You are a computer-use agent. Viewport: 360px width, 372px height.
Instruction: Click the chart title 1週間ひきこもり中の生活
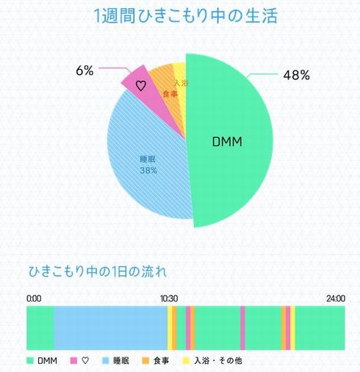pos(186,16)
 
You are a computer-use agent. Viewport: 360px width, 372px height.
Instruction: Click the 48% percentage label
pos(296,75)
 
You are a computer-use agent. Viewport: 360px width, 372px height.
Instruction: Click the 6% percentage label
pos(84,71)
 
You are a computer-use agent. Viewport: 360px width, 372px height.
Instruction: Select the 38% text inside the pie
pos(146,170)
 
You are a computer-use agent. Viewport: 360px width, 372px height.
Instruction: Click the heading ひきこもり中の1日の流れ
pos(98,270)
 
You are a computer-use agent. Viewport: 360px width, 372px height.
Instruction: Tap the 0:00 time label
pos(34,299)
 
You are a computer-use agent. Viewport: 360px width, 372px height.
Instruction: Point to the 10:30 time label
pos(169,299)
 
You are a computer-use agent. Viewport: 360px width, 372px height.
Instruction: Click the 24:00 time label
pos(336,299)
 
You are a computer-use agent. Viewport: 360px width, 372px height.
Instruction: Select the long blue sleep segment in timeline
pos(110,327)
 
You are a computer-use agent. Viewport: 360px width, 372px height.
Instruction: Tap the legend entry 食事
pos(156,360)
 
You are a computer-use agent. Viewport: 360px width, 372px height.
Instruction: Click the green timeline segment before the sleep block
pos(40,327)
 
